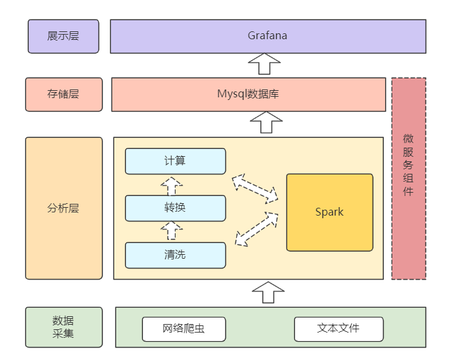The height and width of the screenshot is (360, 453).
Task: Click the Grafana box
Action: coord(268,36)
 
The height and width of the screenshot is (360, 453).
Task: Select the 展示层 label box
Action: coord(63,36)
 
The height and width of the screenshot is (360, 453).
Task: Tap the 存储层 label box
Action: coord(63,94)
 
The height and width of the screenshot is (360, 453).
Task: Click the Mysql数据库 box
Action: coord(248,94)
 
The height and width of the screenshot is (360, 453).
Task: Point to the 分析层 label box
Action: coord(64,208)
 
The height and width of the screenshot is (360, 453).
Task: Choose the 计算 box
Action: coord(175,161)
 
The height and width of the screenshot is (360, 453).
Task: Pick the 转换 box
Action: coord(175,208)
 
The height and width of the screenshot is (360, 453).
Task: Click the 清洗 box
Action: coord(175,255)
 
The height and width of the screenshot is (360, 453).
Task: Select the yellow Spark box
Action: coord(330,212)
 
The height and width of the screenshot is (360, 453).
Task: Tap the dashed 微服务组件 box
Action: coord(409,178)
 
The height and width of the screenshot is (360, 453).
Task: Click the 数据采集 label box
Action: coord(64,327)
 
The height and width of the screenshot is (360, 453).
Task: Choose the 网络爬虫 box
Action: coord(183,329)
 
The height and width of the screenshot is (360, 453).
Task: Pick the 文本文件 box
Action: coord(338,329)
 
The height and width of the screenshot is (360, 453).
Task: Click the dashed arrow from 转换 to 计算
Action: coord(172,186)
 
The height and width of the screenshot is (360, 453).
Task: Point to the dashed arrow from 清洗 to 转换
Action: coord(172,231)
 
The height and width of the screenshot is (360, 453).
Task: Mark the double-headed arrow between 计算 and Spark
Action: coord(255,188)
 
